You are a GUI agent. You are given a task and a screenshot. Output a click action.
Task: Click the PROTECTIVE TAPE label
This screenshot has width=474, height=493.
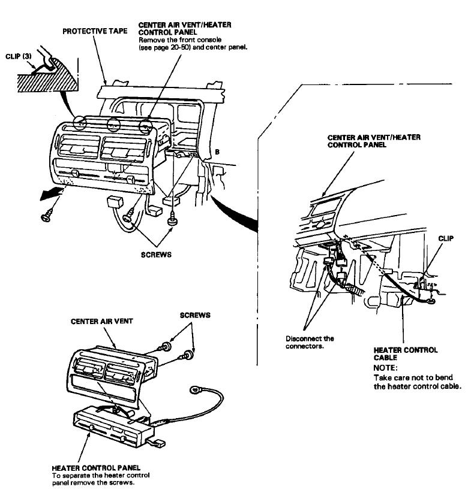(x=95, y=31)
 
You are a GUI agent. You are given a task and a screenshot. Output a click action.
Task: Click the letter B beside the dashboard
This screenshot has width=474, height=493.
(x=217, y=152)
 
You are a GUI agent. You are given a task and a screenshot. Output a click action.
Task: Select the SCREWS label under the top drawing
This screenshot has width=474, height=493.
(x=157, y=254)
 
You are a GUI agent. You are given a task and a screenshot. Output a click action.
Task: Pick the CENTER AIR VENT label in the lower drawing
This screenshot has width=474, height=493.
(x=103, y=321)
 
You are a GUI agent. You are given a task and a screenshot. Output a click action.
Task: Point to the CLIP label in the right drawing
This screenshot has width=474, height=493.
(x=446, y=238)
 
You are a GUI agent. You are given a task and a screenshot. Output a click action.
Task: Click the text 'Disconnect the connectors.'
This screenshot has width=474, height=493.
(x=310, y=342)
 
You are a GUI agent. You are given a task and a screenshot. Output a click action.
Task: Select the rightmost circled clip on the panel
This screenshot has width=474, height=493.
(x=145, y=126)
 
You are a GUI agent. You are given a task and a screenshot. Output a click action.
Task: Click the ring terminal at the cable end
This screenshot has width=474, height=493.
(x=196, y=391)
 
